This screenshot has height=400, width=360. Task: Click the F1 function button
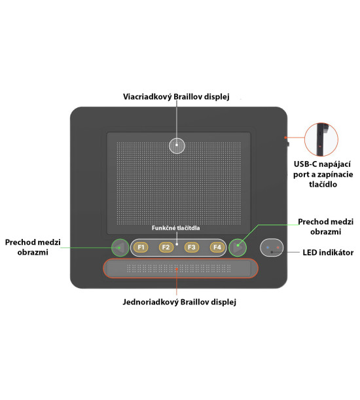[141, 247]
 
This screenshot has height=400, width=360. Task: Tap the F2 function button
[166, 247]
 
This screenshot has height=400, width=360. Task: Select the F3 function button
[192, 247]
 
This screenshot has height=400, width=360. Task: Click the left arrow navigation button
[120, 247]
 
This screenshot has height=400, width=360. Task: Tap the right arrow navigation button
[238, 247]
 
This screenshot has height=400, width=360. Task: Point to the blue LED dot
[268, 247]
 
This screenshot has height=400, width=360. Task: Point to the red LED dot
[278, 247]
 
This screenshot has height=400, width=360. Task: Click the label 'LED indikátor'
[328, 253]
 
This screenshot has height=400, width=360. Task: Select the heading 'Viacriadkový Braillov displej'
[176, 97]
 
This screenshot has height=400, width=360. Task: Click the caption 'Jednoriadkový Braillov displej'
[179, 302]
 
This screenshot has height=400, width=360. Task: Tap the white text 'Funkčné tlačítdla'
[176, 228]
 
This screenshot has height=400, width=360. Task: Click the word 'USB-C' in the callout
[306, 164]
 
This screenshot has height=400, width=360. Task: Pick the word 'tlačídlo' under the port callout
[323, 184]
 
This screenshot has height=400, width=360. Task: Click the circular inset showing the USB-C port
[321, 139]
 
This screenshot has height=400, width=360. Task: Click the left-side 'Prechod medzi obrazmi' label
[33, 247]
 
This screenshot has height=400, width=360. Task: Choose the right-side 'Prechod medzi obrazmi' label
[325, 227]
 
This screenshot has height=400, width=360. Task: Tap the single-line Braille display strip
[181, 268]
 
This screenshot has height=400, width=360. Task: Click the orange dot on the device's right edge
[285, 137]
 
